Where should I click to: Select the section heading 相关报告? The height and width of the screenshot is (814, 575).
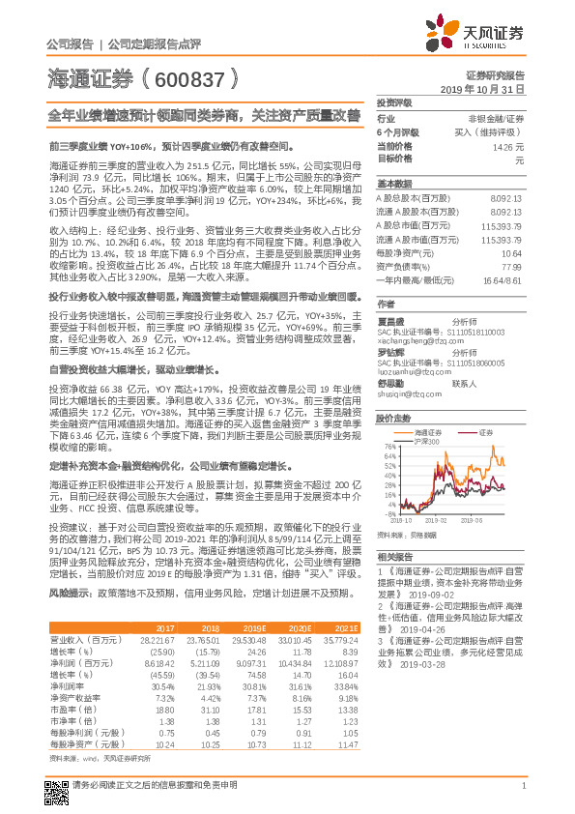coord(394,558)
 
